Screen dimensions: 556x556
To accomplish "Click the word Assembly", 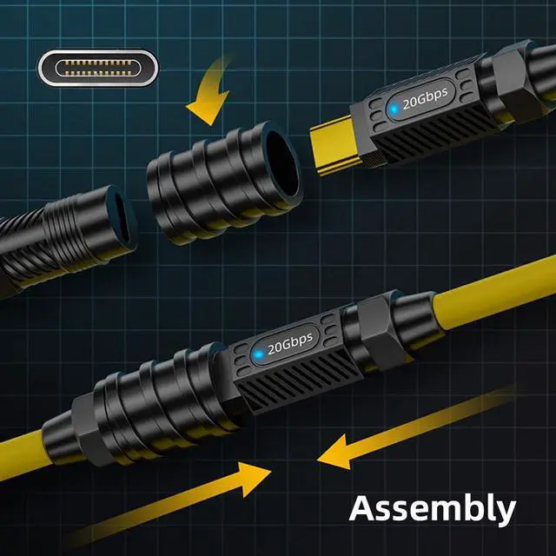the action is [433, 510].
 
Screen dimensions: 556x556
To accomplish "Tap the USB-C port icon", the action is [98, 68].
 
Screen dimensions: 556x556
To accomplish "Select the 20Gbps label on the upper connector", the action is [425, 98].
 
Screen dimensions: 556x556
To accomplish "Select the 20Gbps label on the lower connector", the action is [290, 344].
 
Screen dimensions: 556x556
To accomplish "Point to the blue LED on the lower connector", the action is [259, 354].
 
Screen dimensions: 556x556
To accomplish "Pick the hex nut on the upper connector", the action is [517, 83].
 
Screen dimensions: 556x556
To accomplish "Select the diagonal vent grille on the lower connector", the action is [297, 382].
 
